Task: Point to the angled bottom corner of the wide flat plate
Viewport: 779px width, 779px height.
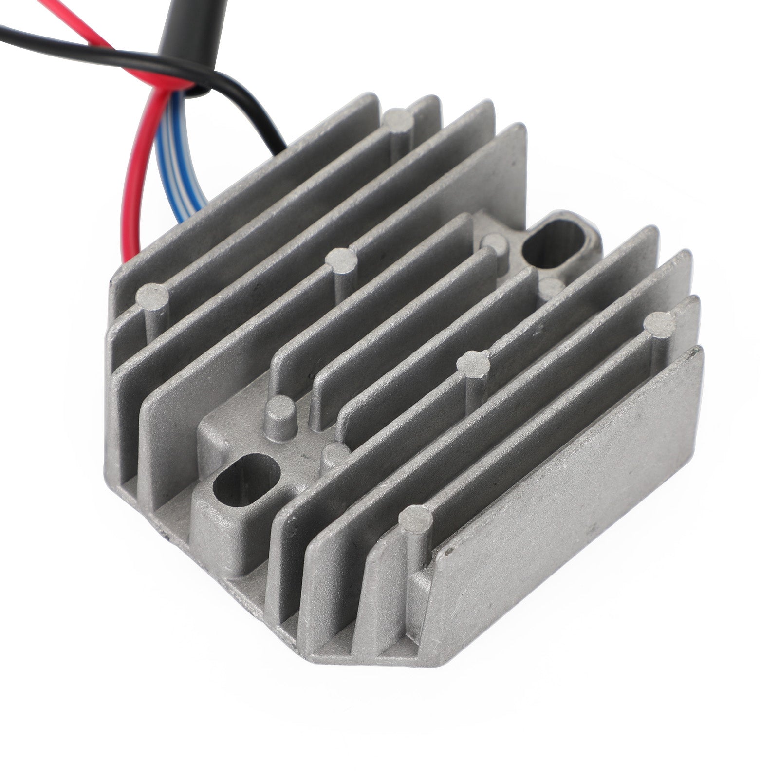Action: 441,643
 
